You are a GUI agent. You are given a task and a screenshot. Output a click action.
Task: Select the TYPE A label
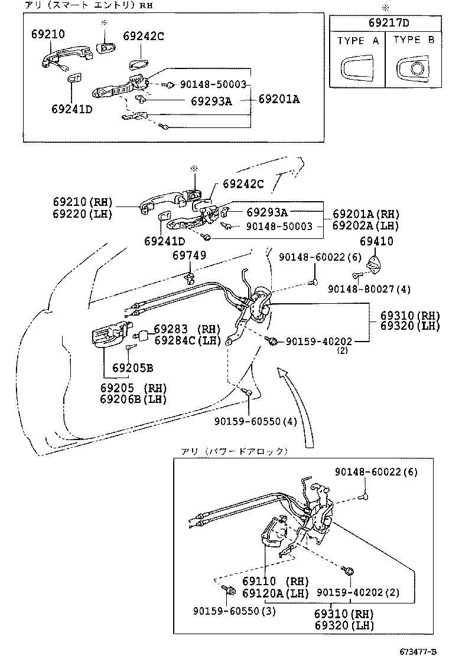(x=358, y=41)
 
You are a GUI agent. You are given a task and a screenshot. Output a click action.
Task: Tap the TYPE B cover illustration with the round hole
(x=414, y=69)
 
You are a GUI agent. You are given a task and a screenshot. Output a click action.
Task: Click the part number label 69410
(x=376, y=241)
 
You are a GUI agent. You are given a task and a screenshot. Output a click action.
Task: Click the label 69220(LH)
(x=86, y=214)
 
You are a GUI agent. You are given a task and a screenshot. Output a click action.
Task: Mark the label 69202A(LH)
(x=366, y=225)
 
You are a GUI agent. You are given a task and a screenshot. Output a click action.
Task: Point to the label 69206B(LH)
(x=134, y=399)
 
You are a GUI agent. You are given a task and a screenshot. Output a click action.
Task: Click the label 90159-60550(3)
(x=235, y=611)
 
